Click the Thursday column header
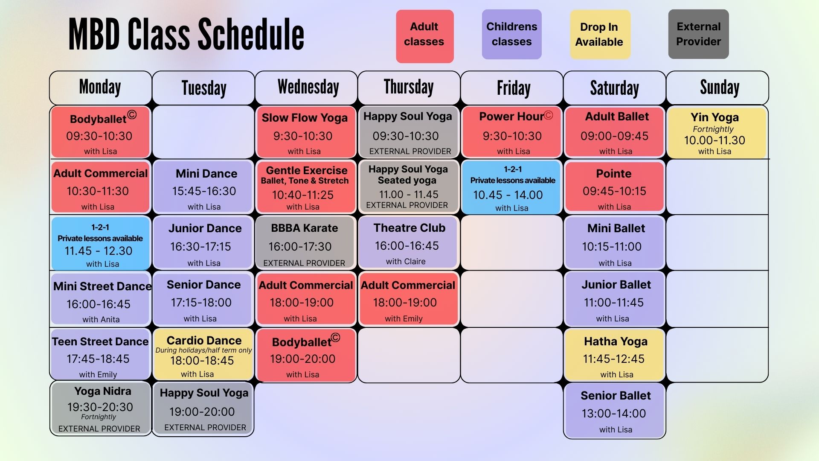[x=409, y=88]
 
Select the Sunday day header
[x=717, y=88]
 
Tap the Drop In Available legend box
[x=600, y=34]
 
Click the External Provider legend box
[x=698, y=34]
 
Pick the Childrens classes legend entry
[x=511, y=34]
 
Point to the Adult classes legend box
[x=424, y=36]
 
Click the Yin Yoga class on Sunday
[x=717, y=133]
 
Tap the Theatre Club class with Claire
[x=408, y=242]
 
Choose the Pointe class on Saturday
[x=614, y=187]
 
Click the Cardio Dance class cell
[x=203, y=354]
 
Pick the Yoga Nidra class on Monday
[x=101, y=408]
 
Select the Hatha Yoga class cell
[x=614, y=354]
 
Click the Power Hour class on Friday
[x=512, y=132]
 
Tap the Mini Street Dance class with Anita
[x=101, y=299]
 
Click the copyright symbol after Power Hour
[x=549, y=115]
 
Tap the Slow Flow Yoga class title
[x=305, y=118]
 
